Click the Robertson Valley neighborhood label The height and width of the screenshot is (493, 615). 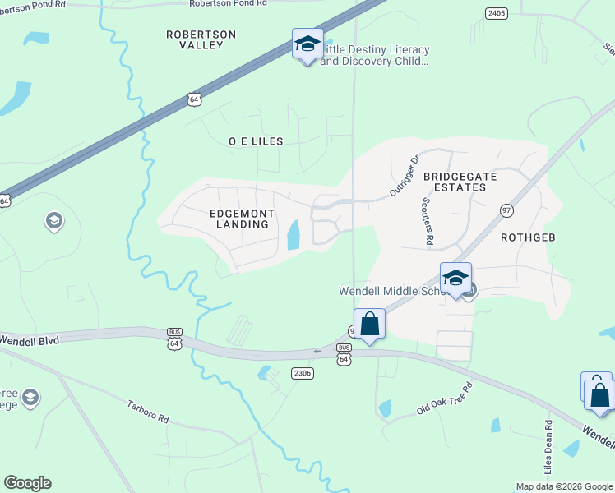tap(201, 39)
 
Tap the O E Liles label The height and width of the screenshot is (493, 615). tap(256, 141)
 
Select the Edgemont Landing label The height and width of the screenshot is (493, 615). tap(241, 219)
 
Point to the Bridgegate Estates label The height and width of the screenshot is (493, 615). tap(455, 182)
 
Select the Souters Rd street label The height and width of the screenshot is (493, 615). tap(427, 222)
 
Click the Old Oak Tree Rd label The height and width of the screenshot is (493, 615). tap(444, 398)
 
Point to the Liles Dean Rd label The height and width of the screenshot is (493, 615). tap(548, 447)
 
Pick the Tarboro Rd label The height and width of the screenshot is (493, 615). tap(148, 412)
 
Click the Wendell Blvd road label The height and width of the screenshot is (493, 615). tap(30, 339)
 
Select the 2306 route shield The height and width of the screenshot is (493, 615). tap(303, 373)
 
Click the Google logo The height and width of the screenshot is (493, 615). tap(27, 483)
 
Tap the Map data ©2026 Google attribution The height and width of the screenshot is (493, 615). tap(564, 486)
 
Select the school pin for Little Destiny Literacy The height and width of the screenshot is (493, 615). tap(307, 44)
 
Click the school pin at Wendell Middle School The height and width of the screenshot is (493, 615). tap(455, 279)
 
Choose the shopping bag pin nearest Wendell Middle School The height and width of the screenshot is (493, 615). tap(369, 324)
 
